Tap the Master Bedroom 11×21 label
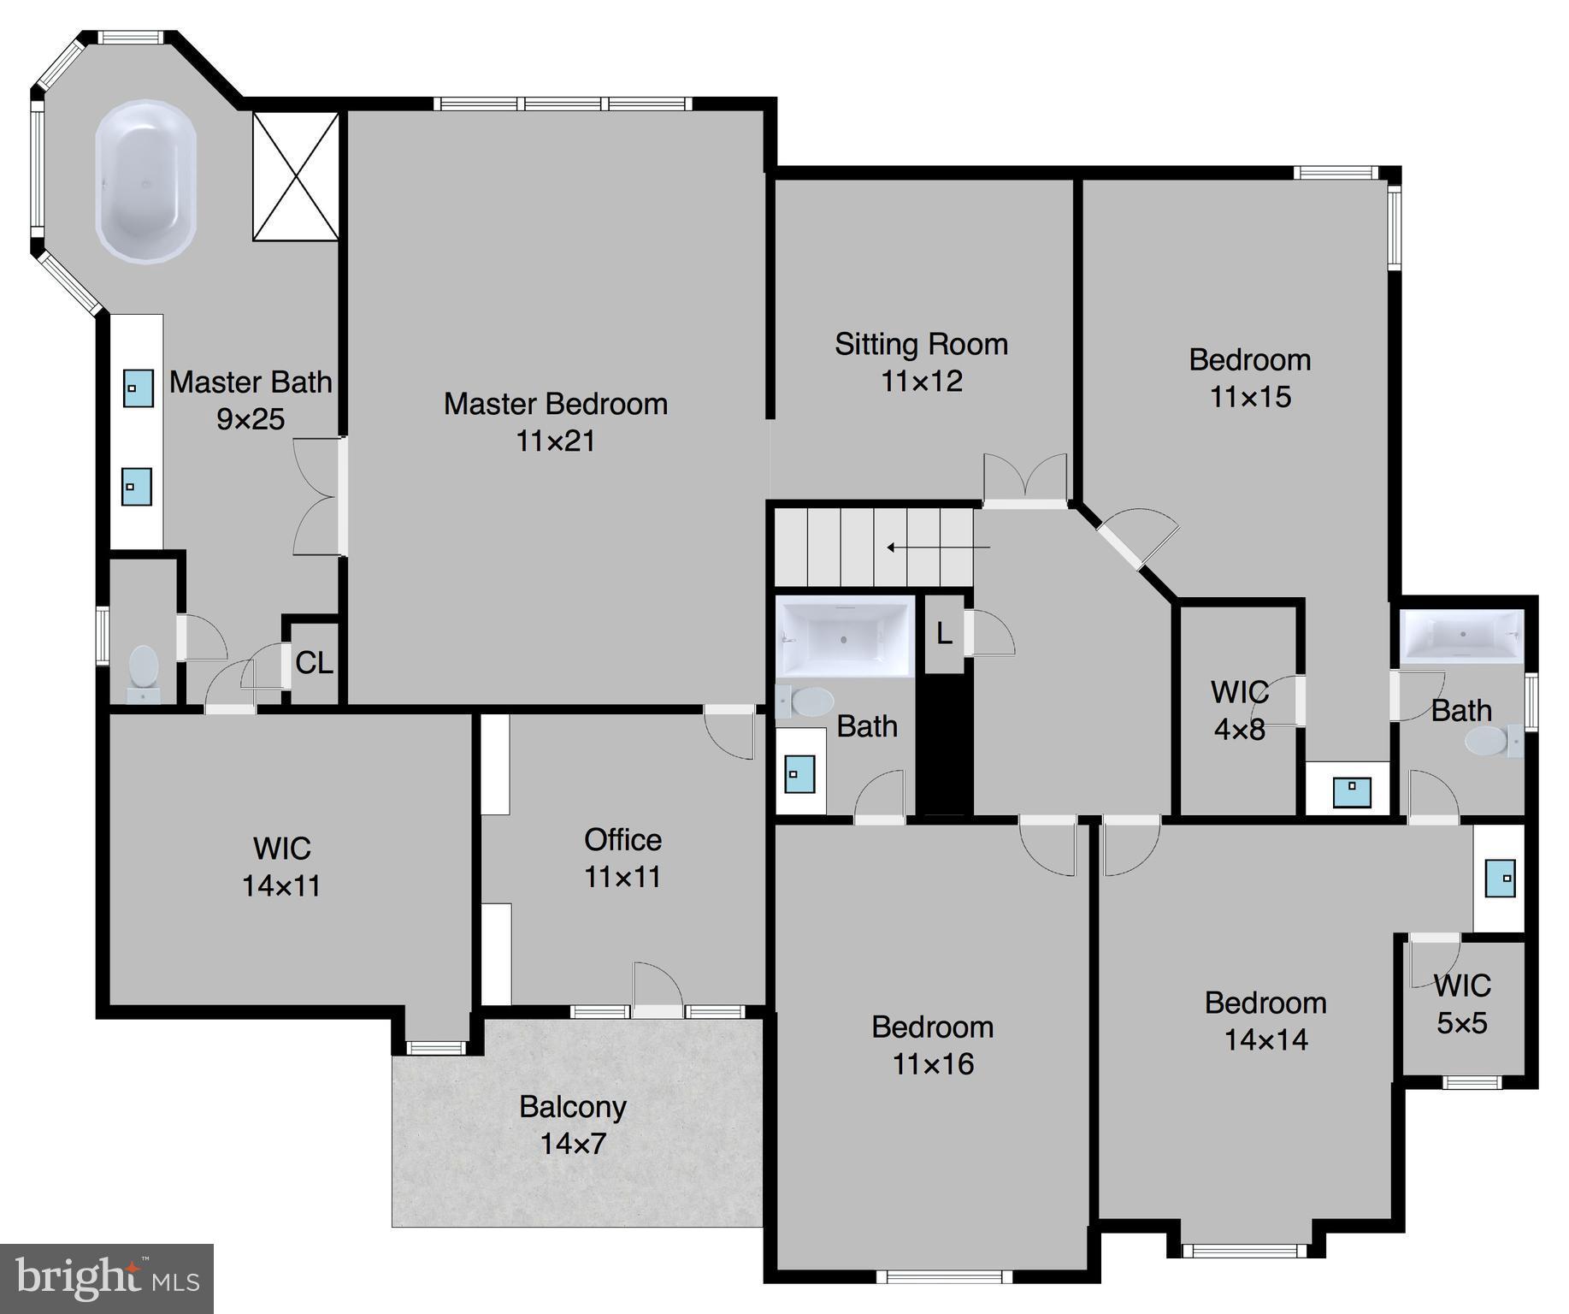[556, 422]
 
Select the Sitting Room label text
[921, 344]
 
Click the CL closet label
[314, 663]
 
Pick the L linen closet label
[944, 634]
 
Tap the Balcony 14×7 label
[573, 1125]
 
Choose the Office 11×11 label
[622, 858]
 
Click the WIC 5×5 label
[1462, 1003]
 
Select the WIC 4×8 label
[1239, 710]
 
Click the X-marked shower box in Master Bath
[296, 176]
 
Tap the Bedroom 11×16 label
[932, 1045]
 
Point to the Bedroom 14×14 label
[1265, 1021]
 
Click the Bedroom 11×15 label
[1250, 377]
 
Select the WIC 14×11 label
[282, 867]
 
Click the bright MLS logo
[107, 1279]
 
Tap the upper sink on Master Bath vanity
[137, 388]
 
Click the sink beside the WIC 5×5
[1500, 879]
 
